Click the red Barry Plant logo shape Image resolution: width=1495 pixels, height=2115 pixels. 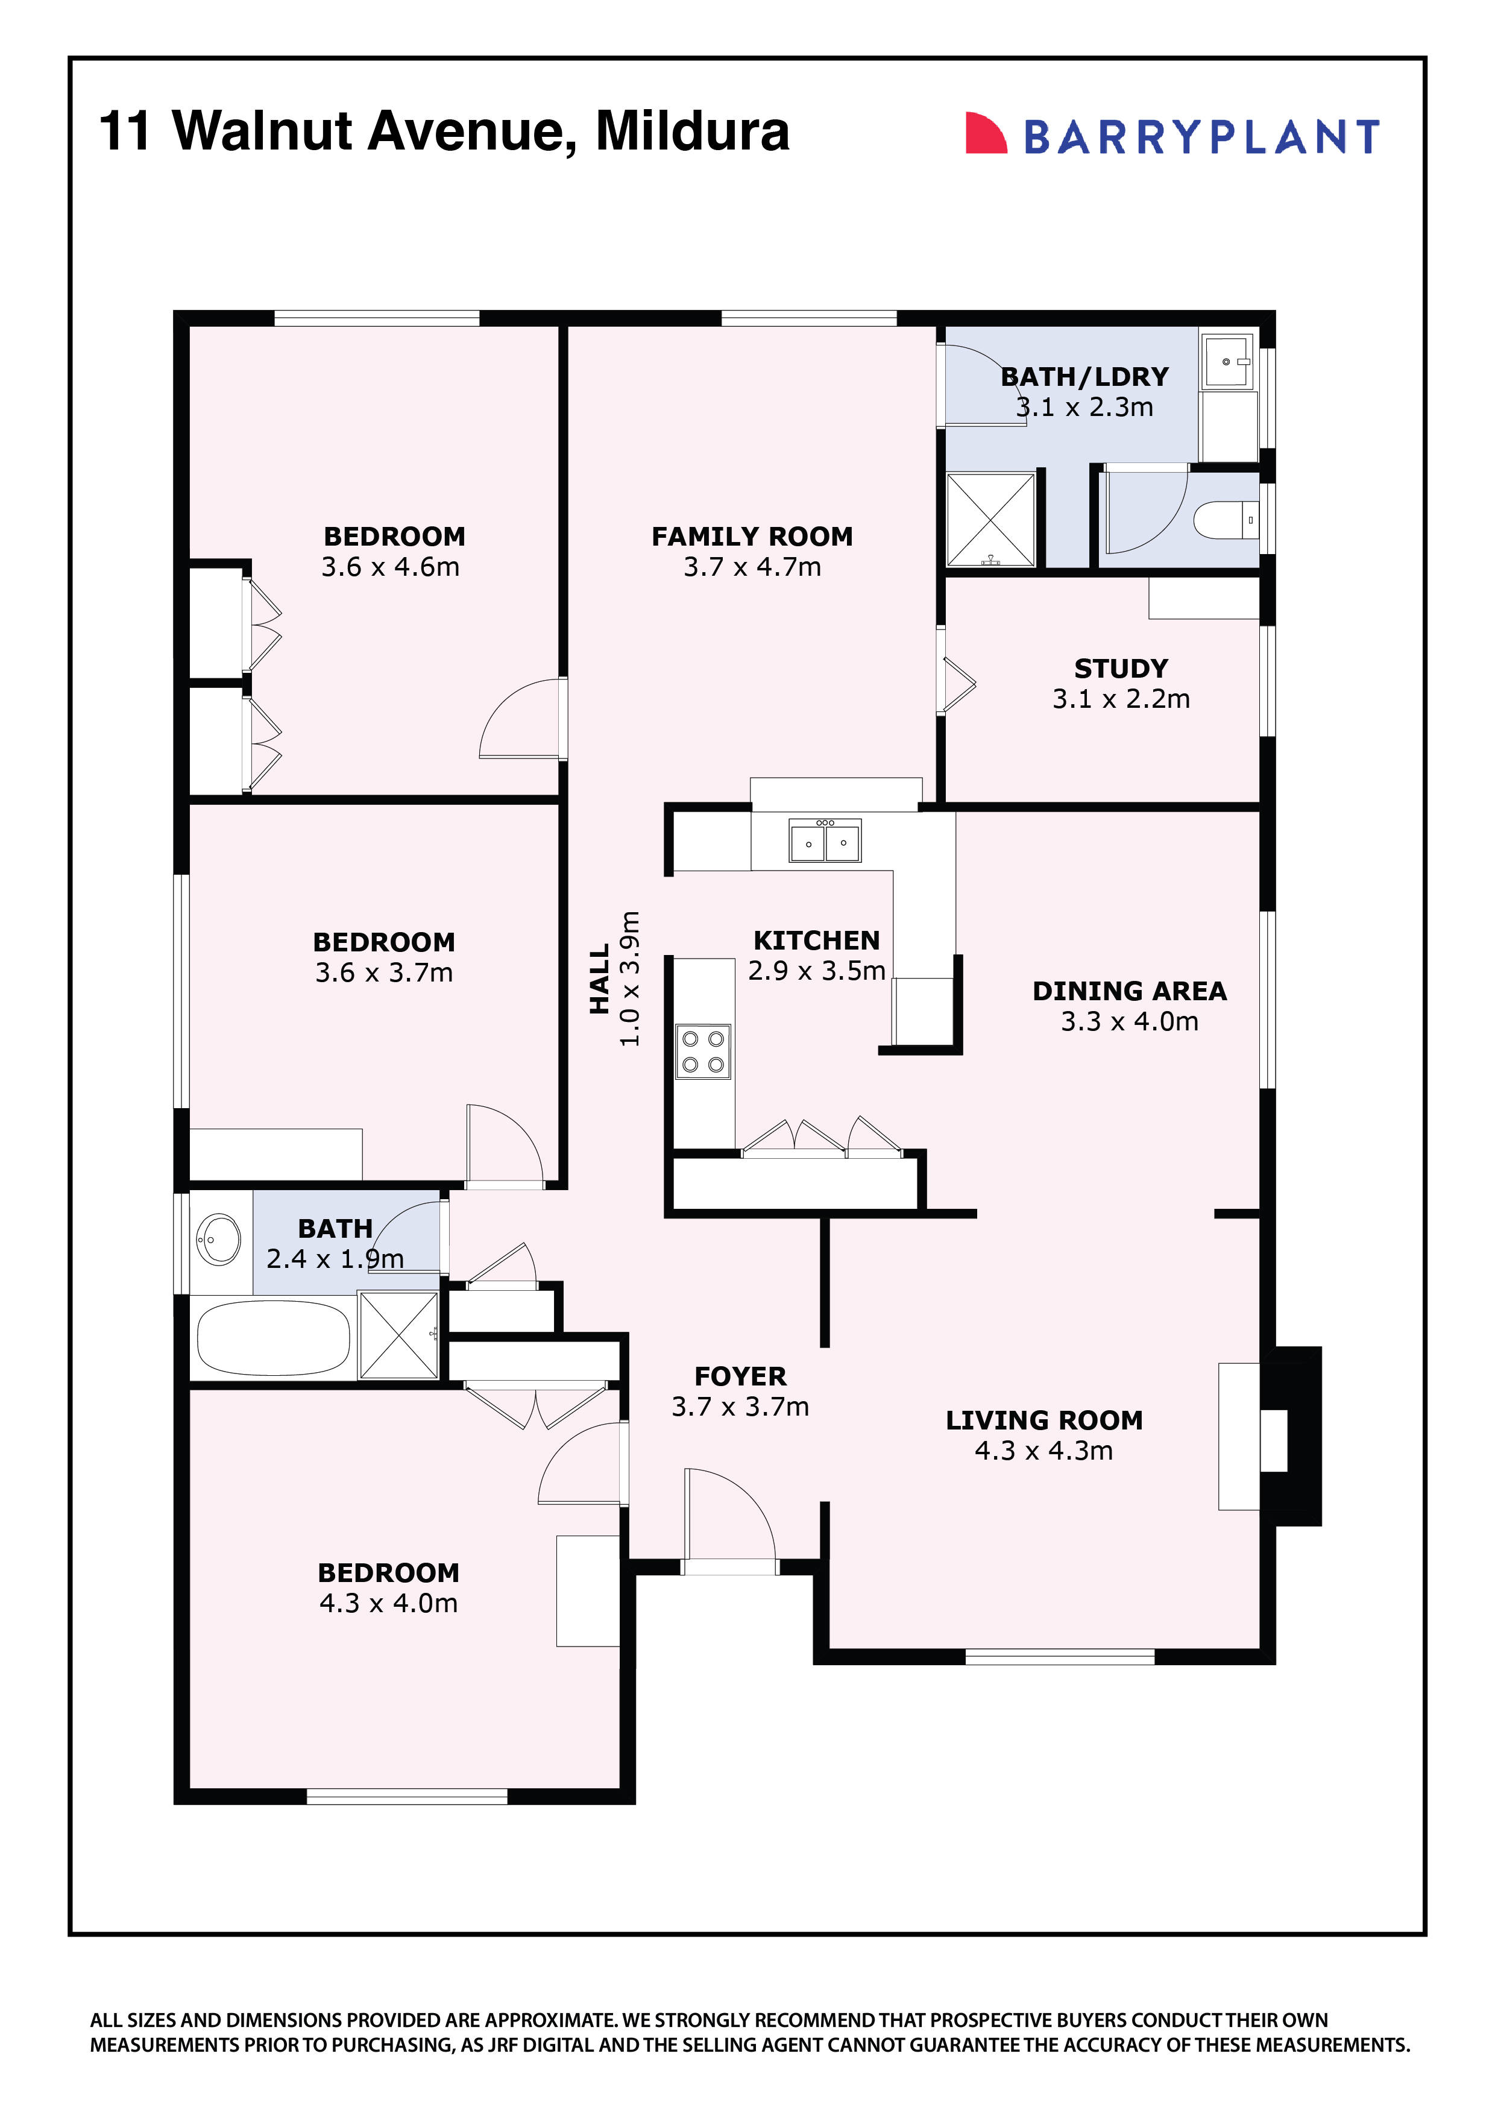[984, 134]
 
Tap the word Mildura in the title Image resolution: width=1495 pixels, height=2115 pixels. [692, 131]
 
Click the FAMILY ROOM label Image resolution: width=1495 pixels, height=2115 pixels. [752, 536]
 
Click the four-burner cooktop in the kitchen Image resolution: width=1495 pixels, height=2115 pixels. [703, 1051]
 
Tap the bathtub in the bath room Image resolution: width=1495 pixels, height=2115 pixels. [274, 1337]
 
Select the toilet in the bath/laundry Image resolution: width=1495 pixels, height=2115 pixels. [1224, 520]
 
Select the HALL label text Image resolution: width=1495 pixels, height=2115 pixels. [600, 979]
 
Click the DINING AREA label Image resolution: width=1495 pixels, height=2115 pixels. [1129, 991]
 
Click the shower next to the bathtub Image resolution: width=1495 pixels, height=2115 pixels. [398, 1335]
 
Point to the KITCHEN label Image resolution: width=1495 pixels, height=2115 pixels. [816, 941]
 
